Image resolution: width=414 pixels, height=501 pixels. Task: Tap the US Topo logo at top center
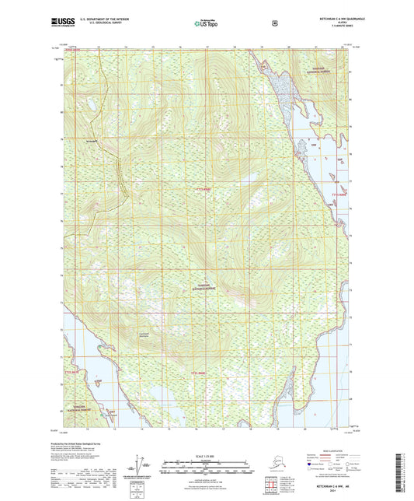[x=206, y=24]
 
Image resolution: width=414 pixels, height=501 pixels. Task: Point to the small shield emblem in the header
[x=275, y=23]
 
